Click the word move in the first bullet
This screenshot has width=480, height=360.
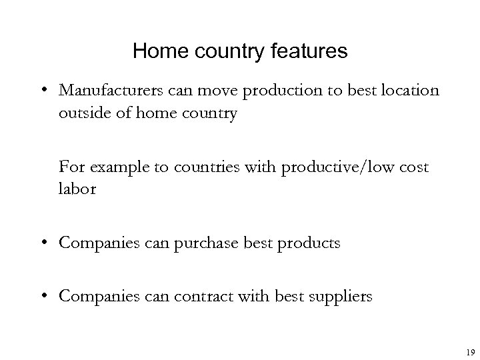pos(205,91)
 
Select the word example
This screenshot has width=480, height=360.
pos(116,166)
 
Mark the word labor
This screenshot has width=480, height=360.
pos(77,189)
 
